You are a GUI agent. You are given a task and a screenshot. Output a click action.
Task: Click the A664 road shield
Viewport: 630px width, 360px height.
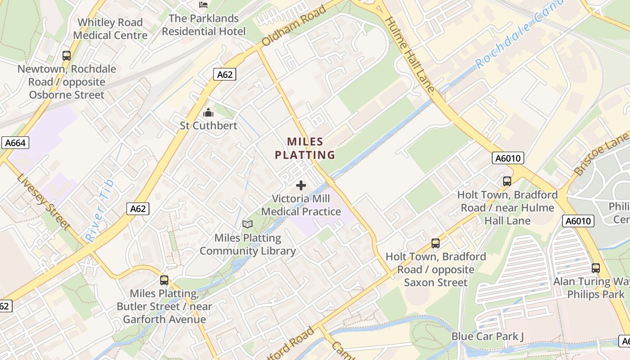coord(16,143)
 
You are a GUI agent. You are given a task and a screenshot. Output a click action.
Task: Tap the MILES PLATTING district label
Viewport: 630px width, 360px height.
coord(305,148)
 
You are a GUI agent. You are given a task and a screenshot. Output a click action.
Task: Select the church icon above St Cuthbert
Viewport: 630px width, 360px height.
coord(208,112)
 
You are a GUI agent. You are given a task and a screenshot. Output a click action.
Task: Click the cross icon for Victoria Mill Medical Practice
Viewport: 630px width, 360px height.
coord(301,185)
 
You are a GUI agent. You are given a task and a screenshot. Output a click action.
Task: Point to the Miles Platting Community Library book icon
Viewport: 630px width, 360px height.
coord(247,224)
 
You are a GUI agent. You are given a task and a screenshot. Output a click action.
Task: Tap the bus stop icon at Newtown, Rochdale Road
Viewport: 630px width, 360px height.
coord(67,56)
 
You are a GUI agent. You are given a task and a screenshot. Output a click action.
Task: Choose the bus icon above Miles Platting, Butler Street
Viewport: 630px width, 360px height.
coord(164,280)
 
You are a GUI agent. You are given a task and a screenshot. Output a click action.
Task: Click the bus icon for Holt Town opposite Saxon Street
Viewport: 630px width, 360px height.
coord(436,243)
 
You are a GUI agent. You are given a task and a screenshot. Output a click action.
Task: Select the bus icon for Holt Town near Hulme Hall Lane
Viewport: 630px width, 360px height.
coord(507,181)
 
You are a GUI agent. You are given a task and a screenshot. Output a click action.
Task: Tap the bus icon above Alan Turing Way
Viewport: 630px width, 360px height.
coord(596,268)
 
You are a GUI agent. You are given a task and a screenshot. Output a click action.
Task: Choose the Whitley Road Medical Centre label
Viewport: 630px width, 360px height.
coord(110,29)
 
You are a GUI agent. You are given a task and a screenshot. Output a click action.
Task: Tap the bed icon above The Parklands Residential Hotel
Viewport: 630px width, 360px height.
coord(203,5)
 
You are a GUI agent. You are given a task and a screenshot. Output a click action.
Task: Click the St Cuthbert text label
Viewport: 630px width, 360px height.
coord(208,126)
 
